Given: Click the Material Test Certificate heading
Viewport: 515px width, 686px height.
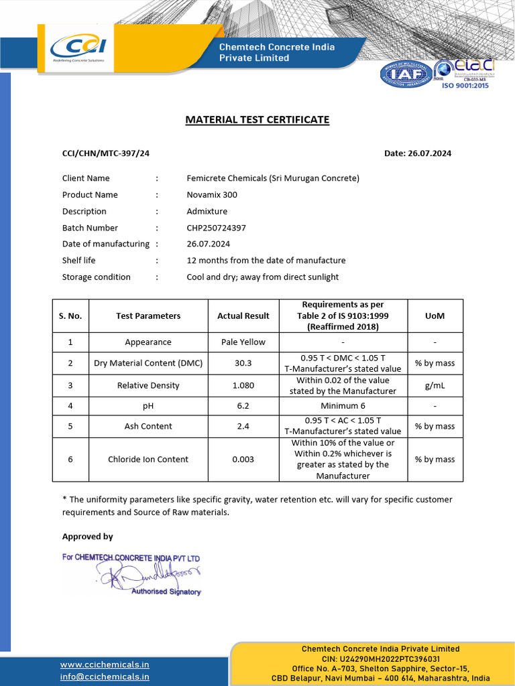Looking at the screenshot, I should [x=257, y=120].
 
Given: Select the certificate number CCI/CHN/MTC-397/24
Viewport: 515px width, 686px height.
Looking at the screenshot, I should [x=106, y=153].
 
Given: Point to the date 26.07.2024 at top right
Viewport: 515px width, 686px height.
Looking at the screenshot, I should [x=418, y=153].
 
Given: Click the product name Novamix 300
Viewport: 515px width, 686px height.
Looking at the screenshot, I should [x=212, y=195].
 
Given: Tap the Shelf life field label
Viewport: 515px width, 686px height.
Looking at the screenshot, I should [x=79, y=261].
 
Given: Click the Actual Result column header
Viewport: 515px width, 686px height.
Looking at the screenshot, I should [x=243, y=316].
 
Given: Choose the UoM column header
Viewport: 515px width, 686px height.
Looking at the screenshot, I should [x=435, y=316].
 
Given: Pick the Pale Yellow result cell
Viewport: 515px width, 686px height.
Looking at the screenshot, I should [x=243, y=342].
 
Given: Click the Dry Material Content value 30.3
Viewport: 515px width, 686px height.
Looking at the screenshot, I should [x=243, y=363].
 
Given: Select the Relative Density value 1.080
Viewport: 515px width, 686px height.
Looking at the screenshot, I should [x=243, y=385].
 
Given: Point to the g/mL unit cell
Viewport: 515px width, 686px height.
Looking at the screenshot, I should [x=435, y=385].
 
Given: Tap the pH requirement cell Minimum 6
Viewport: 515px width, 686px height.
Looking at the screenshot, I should [x=343, y=405].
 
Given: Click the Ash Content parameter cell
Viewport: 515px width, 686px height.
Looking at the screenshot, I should [x=148, y=426].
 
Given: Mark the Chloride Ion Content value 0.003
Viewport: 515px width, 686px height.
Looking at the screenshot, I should [x=243, y=460].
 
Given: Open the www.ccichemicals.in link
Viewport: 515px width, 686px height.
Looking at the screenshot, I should [x=105, y=665].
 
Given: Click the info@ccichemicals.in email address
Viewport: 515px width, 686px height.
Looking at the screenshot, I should [x=105, y=677].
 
